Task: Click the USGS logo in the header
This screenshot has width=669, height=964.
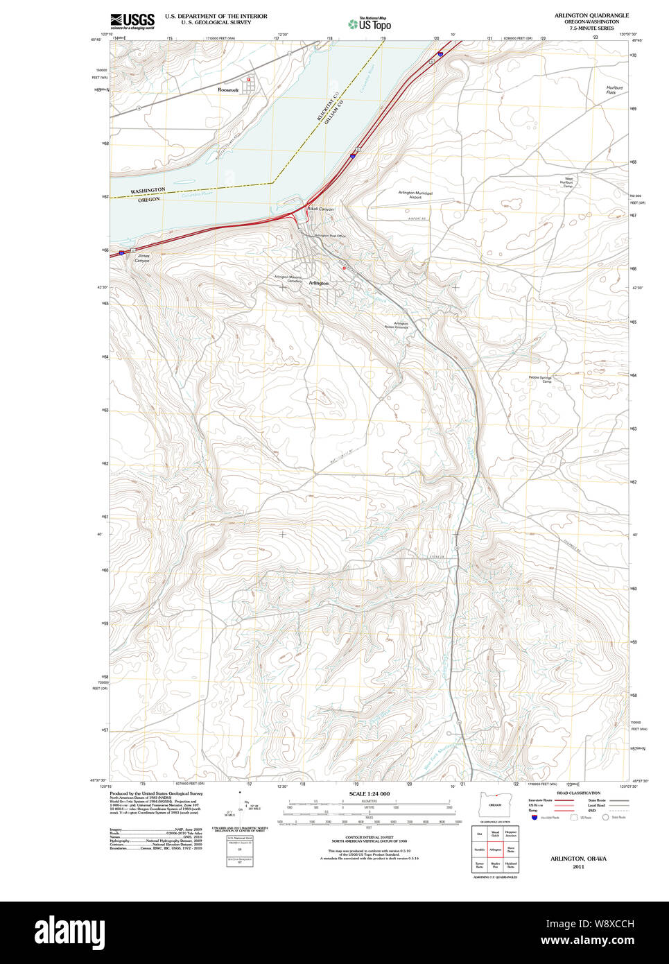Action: (x=132, y=21)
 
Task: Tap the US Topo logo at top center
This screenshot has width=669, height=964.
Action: (x=370, y=24)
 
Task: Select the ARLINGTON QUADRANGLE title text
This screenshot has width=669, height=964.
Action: (x=591, y=15)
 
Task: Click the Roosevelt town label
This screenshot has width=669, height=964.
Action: (x=227, y=90)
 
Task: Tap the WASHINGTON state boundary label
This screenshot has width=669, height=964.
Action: (x=148, y=191)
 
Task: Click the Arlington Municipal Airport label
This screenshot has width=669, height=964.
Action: (x=415, y=195)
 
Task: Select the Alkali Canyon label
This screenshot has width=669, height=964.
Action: (x=320, y=209)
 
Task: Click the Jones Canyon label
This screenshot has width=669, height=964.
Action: (x=142, y=258)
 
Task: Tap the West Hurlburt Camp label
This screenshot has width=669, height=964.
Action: (x=568, y=182)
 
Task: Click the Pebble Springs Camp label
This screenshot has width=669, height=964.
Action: (x=540, y=379)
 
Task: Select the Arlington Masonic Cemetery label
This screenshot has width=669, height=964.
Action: (x=288, y=279)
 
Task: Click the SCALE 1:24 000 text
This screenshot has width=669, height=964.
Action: (x=369, y=794)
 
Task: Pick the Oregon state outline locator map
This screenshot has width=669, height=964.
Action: (x=495, y=805)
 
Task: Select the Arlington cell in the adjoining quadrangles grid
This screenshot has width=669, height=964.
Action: (x=495, y=850)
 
